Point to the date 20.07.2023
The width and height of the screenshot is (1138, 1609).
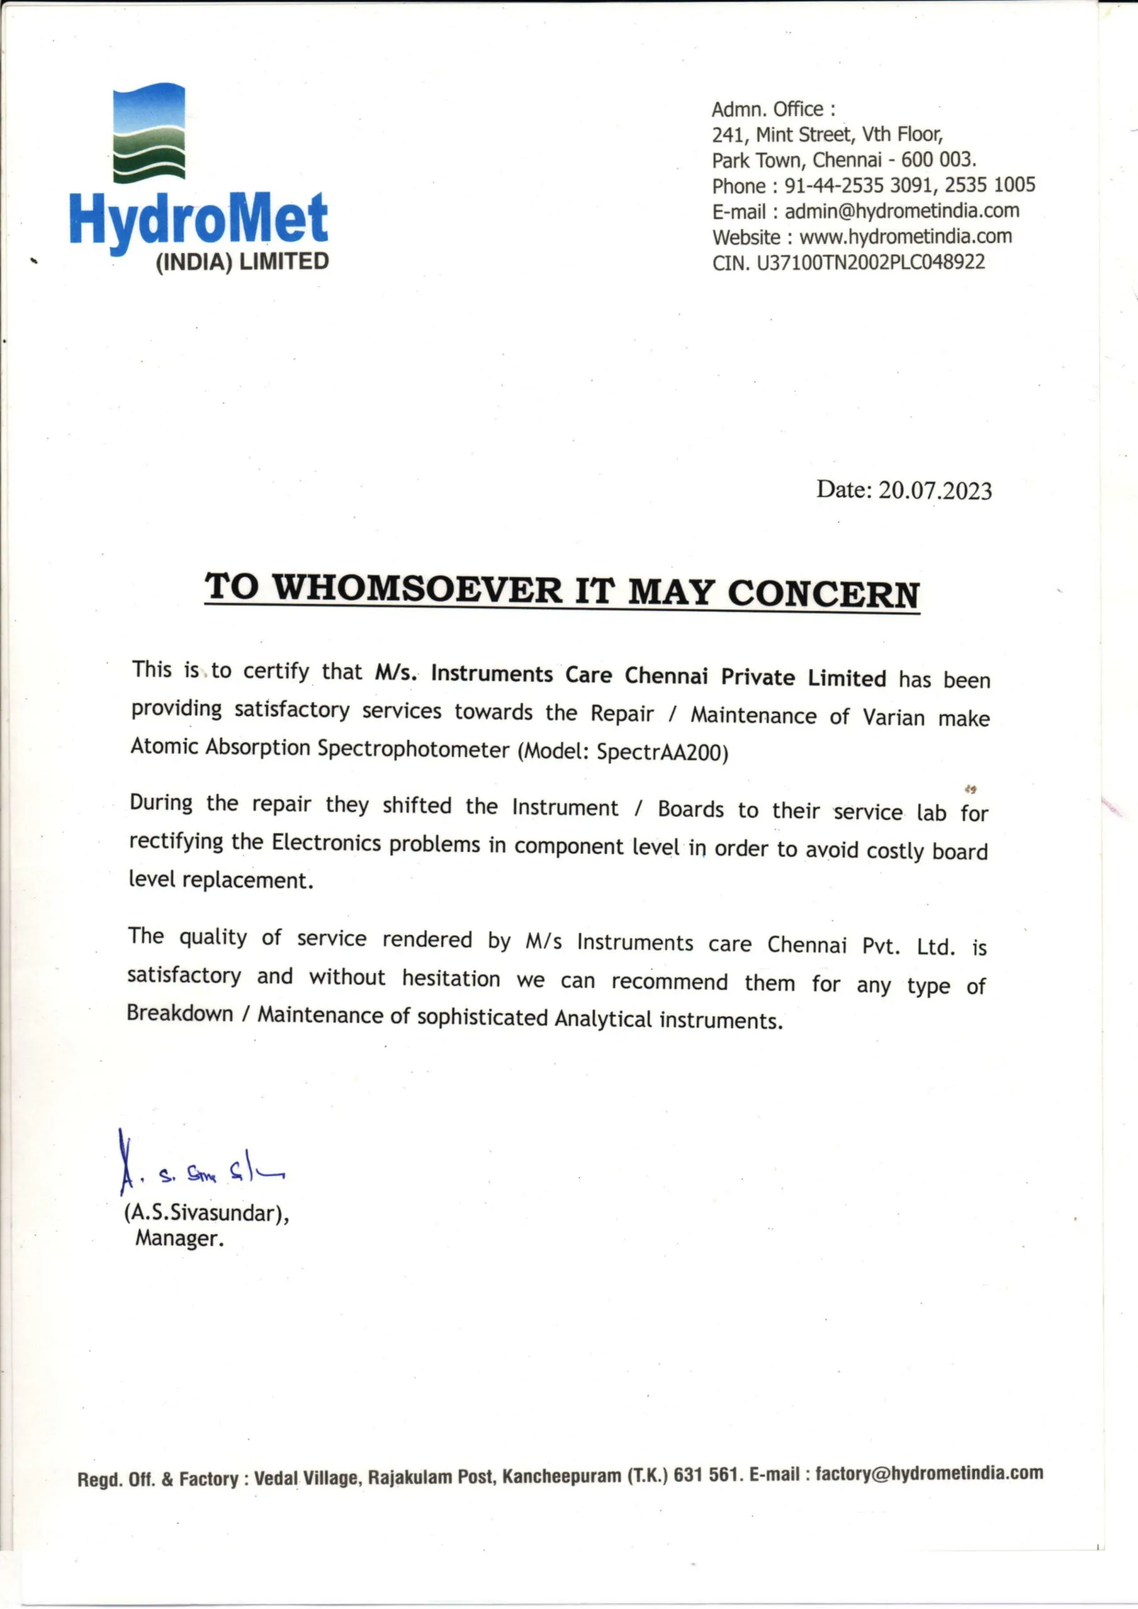pos(935,490)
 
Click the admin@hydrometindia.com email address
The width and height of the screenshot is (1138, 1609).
pos(901,211)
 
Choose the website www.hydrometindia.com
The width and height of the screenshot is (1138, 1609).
pos(905,237)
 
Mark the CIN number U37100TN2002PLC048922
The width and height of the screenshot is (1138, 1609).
pos(870,263)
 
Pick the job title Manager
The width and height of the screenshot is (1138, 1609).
pos(179,1238)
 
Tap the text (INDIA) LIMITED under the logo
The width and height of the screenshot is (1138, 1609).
pos(242,262)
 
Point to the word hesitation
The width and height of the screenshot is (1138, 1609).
pos(451,979)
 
